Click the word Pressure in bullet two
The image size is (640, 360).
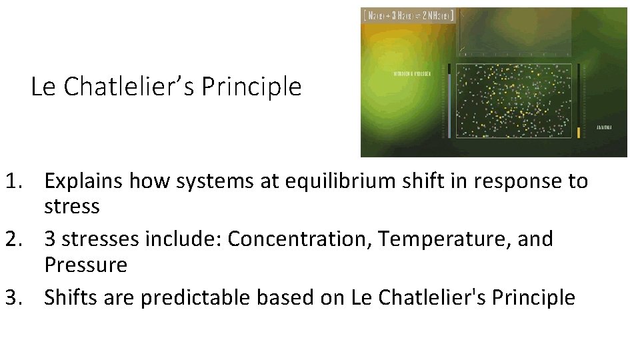[85, 265]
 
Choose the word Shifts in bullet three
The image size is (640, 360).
[69, 297]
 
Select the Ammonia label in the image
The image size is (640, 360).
[604, 127]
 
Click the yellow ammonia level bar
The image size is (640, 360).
[579, 132]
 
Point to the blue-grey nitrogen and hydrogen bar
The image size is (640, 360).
[449, 103]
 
